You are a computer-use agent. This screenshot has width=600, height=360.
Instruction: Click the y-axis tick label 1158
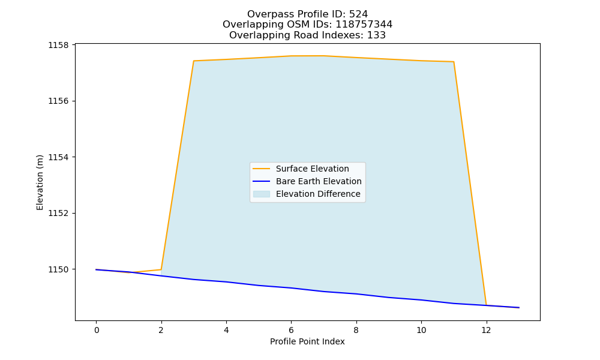(x=58, y=45)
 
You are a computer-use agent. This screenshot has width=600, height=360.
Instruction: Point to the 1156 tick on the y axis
(x=58, y=101)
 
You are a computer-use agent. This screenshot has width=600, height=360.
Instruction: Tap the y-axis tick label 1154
(x=58, y=157)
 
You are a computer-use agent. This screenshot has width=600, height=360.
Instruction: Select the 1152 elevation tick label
(x=58, y=213)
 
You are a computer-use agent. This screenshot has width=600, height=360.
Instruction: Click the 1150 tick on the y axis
(x=58, y=269)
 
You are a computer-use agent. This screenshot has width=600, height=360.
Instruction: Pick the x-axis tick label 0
(x=97, y=330)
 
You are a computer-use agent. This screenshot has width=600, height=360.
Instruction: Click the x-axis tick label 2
(x=161, y=330)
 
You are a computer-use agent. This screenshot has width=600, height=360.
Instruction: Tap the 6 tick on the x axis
(x=291, y=330)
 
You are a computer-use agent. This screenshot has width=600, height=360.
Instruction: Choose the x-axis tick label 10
(x=421, y=330)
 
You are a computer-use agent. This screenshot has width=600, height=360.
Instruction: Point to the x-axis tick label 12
(x=486, y=330)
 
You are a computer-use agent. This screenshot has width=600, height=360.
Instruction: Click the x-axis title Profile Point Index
(x=307, y=341)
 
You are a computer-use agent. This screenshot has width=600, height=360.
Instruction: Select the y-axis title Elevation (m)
(x=40, y=182)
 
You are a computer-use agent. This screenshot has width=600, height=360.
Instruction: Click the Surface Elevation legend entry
(x=312, y=169)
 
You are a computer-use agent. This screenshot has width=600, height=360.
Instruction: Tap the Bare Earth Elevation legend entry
(x=319, y=181)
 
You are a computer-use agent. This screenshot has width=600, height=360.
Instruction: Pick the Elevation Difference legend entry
(x=318, y=194)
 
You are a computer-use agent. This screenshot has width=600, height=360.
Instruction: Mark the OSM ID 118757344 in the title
(x=364, y=25)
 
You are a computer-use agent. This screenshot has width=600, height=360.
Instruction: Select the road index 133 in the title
(x=377, y=35)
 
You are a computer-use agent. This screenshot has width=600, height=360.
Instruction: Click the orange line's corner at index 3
(x=194, y=61)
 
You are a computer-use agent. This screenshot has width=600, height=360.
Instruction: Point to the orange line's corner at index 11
(x=454, y=62)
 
